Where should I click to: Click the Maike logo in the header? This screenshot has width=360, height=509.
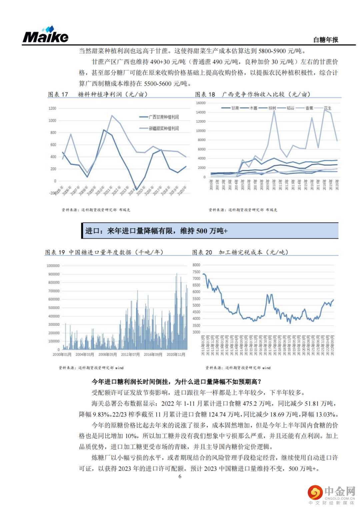point(45,35)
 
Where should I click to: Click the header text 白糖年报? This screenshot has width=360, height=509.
point(326,40)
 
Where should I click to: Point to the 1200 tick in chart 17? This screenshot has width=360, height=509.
point(52,108)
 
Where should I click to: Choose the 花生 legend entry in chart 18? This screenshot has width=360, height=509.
point(328,108)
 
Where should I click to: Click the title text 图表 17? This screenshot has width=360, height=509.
point(58,94)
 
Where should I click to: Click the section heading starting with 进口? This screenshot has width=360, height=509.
point(156,231)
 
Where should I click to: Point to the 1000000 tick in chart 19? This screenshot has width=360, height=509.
point(53,266)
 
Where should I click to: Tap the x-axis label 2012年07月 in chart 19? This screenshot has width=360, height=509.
point(130,354)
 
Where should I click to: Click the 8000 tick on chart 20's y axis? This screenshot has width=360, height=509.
point(196,265)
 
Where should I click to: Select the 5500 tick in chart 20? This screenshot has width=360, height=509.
point(196,299)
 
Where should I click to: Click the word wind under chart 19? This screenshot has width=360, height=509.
point(119,368)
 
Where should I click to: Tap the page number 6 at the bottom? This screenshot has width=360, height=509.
point(180,476)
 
